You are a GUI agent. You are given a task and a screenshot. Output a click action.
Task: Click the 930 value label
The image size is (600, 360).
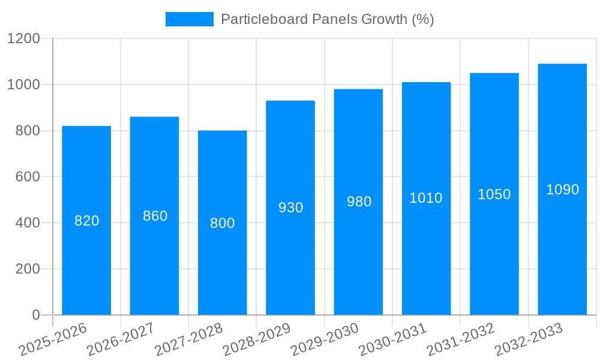click(x=291, y=208)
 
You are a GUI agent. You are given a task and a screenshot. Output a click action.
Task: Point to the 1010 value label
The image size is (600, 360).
click(x=426, y=198)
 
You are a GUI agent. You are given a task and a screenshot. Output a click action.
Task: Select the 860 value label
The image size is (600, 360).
click(x=155, y=216)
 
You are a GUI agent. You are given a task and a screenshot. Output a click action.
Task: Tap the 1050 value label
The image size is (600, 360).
click(x=494, y=194)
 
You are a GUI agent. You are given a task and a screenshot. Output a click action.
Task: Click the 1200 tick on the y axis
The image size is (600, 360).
click(x=23, y=39)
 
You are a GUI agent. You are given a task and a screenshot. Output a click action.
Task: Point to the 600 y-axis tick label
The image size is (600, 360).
click(x=28, y=177)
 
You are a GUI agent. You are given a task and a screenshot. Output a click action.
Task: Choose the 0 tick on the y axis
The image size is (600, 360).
click(x=36, y=315)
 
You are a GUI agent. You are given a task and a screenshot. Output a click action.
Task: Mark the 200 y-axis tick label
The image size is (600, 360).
click(x=28, y=269)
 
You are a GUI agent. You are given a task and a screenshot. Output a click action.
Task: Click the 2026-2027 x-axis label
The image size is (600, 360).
click(x=120, y=340)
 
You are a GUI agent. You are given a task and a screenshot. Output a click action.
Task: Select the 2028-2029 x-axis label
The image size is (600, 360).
click(x=256, y=340)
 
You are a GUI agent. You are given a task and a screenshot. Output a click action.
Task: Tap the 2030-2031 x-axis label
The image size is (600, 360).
click(x=392, y=340)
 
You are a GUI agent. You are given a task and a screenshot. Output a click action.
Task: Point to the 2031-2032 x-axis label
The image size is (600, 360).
click(x=460, y=340)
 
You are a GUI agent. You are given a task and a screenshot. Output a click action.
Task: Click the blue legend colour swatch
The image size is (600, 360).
click(x=190, y=19)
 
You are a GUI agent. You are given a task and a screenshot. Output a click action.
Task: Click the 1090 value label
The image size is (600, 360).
click(x=562, y=190)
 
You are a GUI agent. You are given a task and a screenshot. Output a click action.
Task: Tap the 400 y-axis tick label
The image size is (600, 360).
click(x=28, y=223)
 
